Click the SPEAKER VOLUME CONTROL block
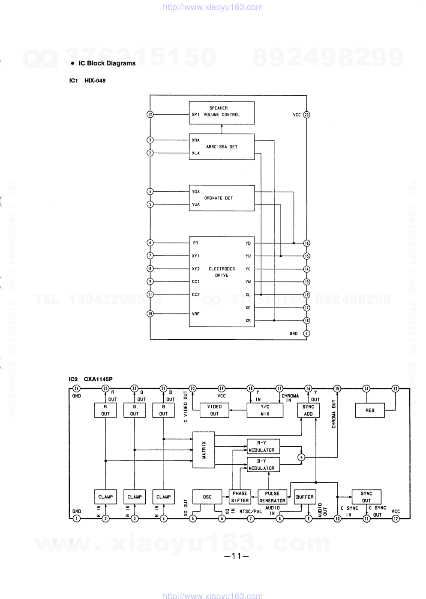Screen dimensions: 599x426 [222, 113]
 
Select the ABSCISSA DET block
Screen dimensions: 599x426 [222, 147]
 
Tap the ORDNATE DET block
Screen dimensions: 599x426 [222, 198]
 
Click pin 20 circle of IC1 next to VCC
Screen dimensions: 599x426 [307, 115]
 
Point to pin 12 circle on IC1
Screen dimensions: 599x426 [150, 115]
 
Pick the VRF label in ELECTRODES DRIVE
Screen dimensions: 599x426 [195, 314]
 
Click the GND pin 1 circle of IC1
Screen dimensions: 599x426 [307, 333]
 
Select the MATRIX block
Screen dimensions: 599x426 [204, 450]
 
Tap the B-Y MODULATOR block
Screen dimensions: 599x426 [263, 465]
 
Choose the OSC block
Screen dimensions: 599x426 [207, 497]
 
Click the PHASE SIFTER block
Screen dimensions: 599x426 [240, 497]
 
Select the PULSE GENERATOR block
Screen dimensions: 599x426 [272, 497]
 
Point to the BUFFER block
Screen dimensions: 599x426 [305, 497]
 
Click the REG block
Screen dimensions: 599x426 [370, 410]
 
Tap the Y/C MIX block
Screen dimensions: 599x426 [265, 410]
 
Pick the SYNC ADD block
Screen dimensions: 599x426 [308, 410]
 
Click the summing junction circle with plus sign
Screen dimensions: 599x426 [302, 457]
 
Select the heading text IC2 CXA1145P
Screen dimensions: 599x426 [91, 379]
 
